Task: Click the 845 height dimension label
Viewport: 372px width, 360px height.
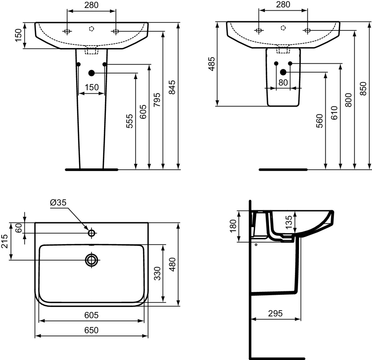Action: (x=172, y=87)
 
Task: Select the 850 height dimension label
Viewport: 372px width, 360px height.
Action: (x=363, y=89)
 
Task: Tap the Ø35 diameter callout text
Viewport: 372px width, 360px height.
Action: (x=58, y=203)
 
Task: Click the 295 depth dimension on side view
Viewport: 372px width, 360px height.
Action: (x=275, y=314)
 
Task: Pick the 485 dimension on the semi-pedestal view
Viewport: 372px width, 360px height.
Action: (x=212, y=64)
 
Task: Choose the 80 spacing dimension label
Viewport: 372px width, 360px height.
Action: (x=283, y=82)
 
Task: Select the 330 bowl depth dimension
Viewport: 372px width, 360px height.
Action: (x=157, y=274)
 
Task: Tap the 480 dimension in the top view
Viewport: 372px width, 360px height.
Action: (x=172, y=265)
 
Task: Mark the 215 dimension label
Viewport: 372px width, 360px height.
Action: (x=4, y=241)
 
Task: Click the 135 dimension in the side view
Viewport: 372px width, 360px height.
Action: (x=289, y=222)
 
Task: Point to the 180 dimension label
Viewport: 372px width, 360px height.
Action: (x=233, y=226)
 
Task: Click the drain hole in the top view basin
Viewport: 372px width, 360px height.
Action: (x=91, y=260)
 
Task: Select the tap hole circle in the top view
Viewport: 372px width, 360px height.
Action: (x=91, y=233)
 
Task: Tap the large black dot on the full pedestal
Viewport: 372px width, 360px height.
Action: (x=91, y=73)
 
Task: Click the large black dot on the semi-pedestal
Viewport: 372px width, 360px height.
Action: (x=283, y=72)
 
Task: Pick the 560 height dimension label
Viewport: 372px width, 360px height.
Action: (x=319, y=121)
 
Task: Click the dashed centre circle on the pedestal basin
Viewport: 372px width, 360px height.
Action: (x=91, y=29)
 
